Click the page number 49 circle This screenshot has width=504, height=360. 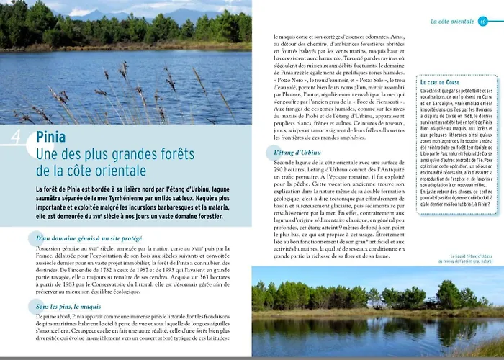[482, 22]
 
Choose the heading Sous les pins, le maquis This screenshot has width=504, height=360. [69, 307]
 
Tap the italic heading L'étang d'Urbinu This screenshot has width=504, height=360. [297, 153]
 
